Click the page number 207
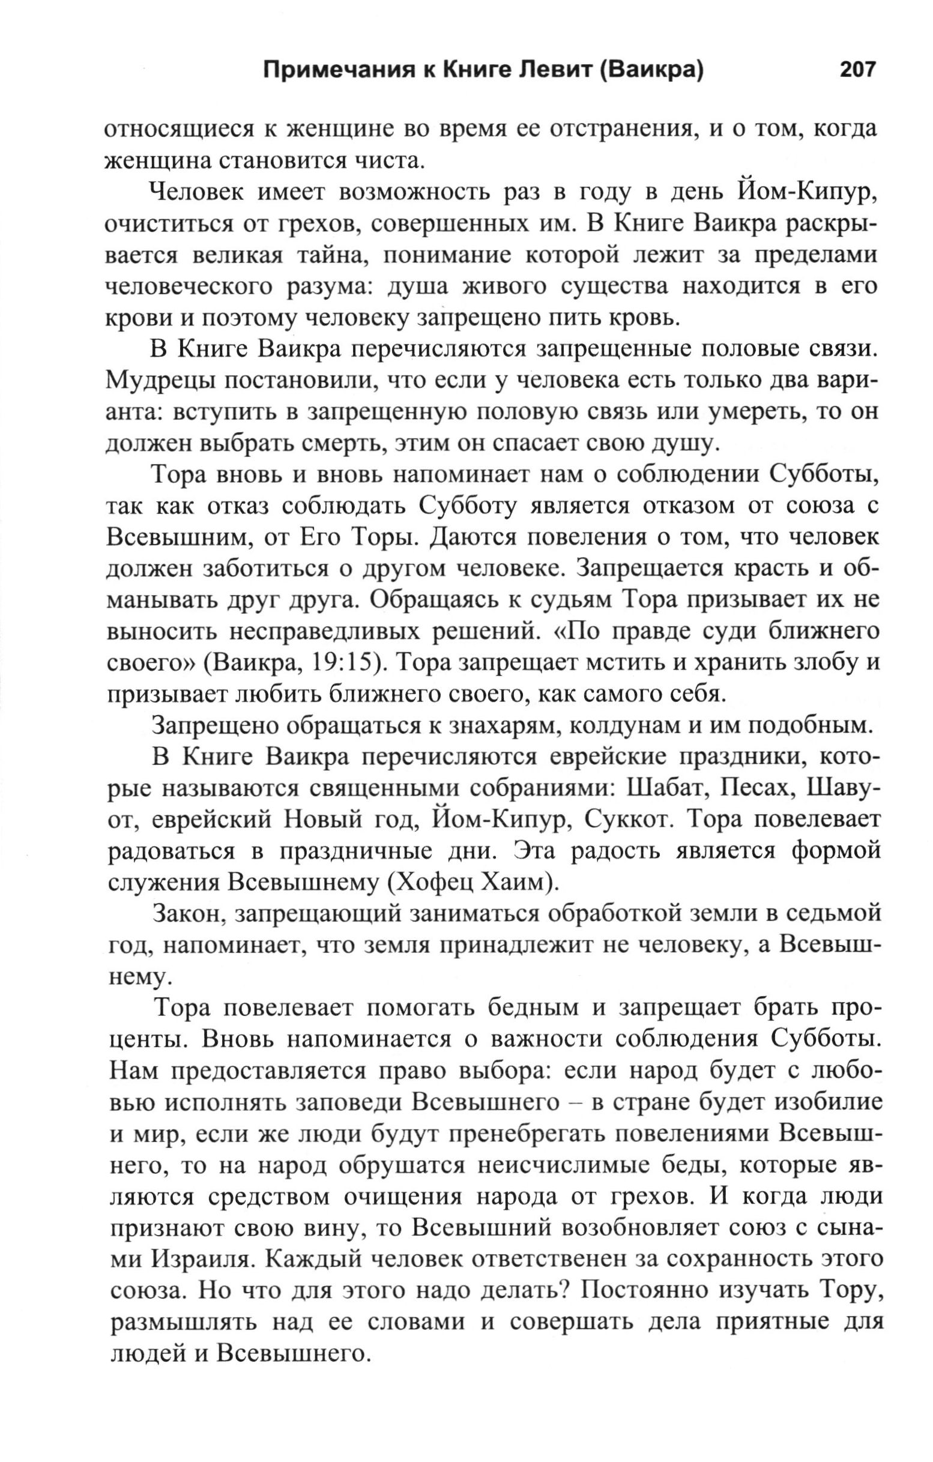(x=858, y=70)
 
